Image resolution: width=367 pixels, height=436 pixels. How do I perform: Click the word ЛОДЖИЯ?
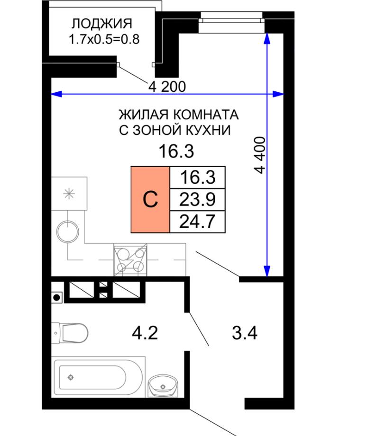click(x=102, y=24)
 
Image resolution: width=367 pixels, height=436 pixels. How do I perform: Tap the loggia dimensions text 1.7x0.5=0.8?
click(x=104, y=39)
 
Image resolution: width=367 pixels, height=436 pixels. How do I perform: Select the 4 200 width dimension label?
click(x=167, y=87)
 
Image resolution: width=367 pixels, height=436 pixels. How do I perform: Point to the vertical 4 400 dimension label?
click(x=260, y=155)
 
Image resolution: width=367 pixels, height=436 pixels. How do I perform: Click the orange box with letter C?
click(x=150, y=199)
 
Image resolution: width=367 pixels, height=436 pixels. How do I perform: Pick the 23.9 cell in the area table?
click(x=197, y=199)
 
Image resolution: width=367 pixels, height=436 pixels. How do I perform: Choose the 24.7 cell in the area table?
click(x=197, y=222)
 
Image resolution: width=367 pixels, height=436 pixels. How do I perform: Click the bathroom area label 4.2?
click(x=145, y=333)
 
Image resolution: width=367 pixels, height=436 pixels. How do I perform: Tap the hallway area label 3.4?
click(x=245, y=333)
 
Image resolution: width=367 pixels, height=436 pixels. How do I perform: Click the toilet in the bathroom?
click(x=70, y=333)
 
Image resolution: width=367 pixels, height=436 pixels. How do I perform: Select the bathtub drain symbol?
click(x=71, y=377)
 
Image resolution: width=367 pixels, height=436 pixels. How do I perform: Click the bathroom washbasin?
click(x=163, y=385)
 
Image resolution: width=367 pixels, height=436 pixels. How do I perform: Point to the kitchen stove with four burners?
click(x=130, y=260)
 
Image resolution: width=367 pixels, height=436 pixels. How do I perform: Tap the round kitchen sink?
click(x=68, y=231)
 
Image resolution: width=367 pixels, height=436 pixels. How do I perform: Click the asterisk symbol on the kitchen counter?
click(x=69, y=194)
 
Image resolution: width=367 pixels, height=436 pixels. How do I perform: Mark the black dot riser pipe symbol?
click(x=56, y=298)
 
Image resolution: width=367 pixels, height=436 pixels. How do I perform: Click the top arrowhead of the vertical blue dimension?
click(x=267, y=39)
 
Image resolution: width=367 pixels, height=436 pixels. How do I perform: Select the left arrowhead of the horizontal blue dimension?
click(x=56, y=94)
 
